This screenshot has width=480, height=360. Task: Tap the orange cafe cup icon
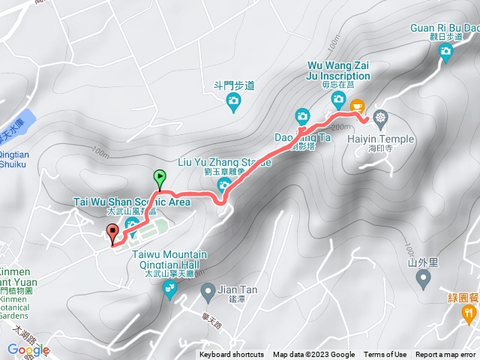click(356, 106)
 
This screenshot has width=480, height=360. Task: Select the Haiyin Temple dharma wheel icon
click(381, 118)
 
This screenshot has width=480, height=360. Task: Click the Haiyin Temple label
click(376, 138)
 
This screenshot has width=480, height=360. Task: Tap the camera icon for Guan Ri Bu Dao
click(446, 52)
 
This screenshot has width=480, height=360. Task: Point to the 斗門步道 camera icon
click(233, 100)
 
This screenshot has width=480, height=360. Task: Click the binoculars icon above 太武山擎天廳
click(169, 285)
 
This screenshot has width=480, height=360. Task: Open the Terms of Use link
click(385, 355)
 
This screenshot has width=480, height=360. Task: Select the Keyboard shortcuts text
click(232, 355)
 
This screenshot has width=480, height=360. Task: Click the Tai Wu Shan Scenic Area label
click(132, 202)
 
